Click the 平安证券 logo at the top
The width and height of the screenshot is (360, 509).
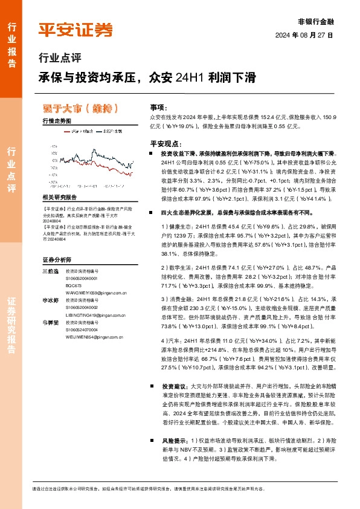[x=76, y=28]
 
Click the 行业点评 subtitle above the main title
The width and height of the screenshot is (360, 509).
[x=59, y=59]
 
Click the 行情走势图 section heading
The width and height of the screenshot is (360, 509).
[x=57, y=122]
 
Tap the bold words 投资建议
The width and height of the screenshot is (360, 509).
[x=174, y=384]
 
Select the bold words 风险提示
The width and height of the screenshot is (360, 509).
[x=174, y=441]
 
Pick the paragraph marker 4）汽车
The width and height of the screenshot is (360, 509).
[x=173, y=342]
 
